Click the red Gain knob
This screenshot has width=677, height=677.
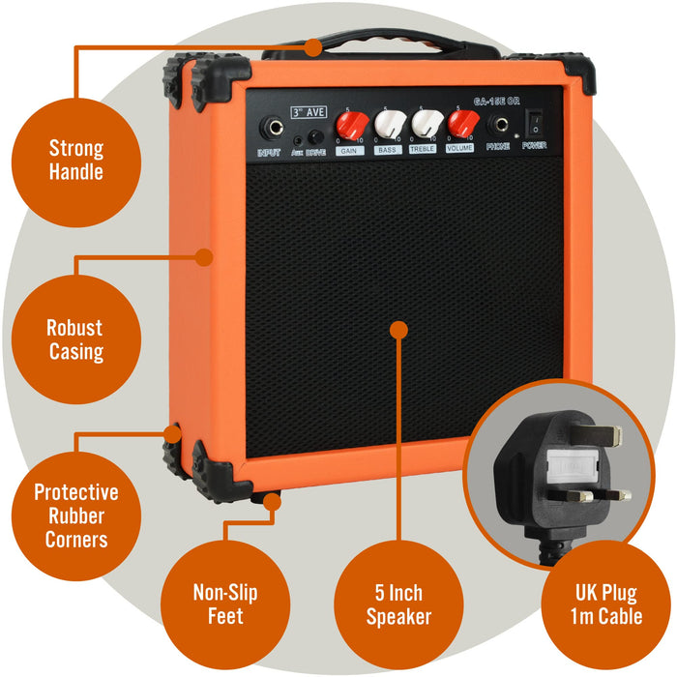click(352, 125)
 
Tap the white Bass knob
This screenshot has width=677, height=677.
click(389, 125)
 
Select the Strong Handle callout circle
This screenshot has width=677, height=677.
click(76, 161)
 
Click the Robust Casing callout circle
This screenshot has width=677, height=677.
click(76, 339)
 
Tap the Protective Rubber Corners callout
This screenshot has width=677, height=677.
click(76, 515)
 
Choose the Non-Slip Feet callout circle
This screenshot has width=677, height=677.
click(224, 603)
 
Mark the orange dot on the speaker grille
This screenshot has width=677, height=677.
click(397, 330)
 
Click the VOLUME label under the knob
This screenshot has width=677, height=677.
click(459, 150)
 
